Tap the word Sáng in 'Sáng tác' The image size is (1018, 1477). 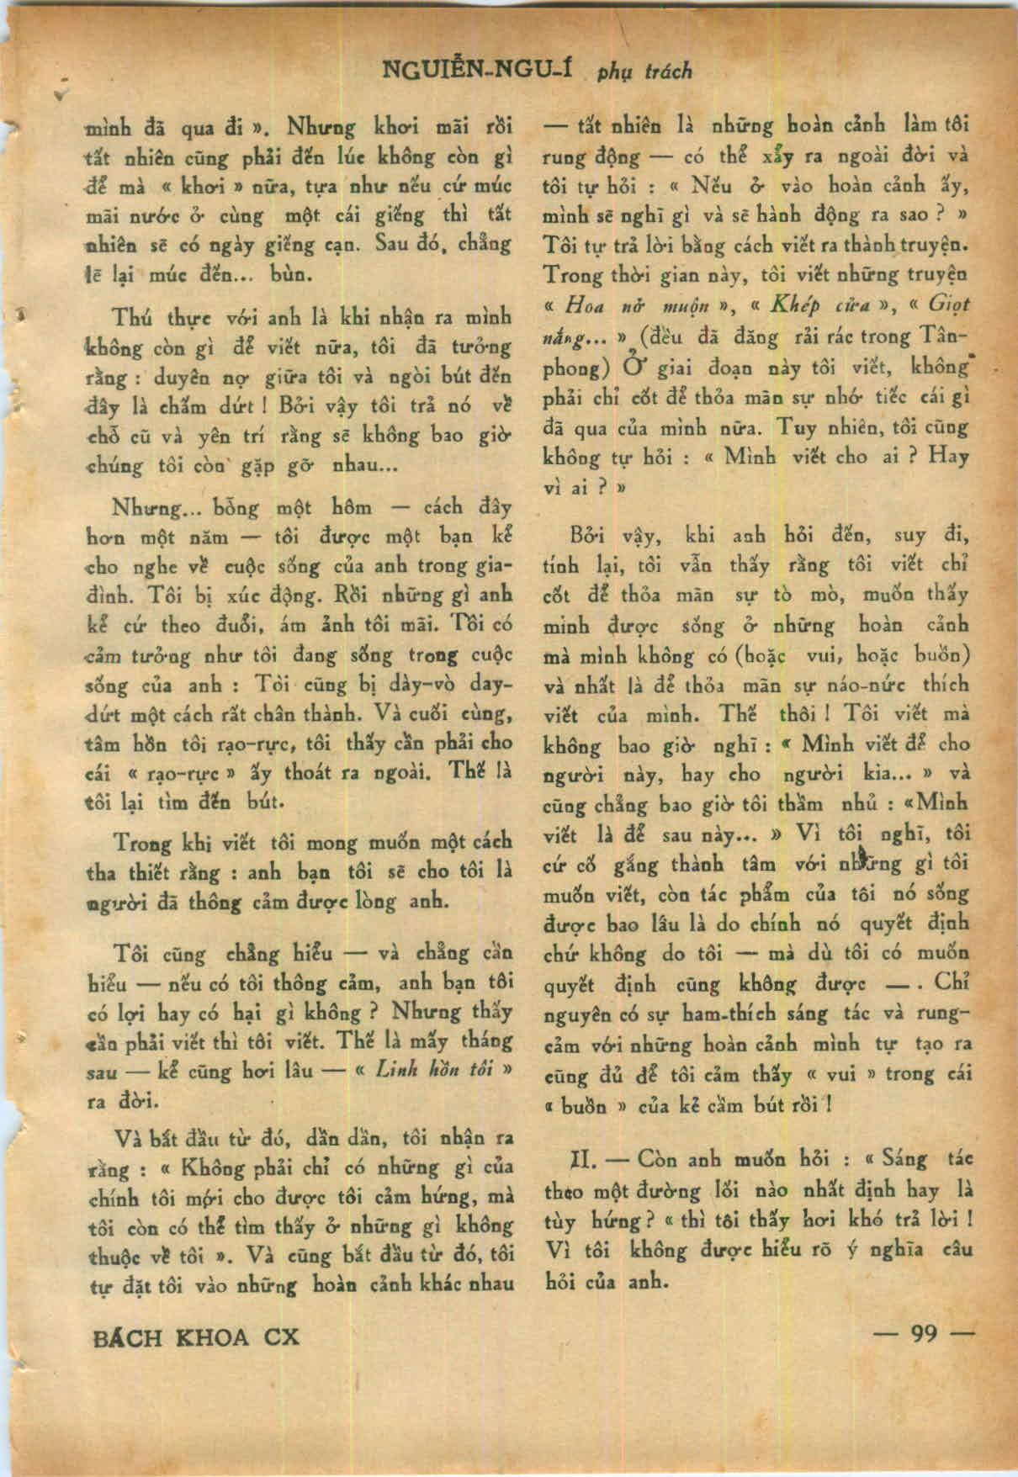904,1160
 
